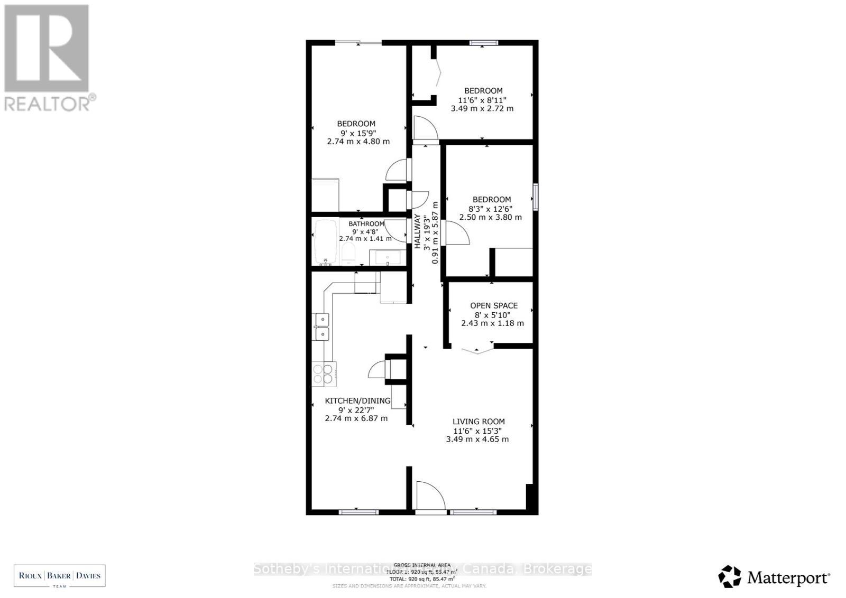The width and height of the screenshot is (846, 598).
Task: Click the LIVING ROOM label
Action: tap(478, 422)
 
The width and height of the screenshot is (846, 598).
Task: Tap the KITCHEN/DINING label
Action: tap(357, 401)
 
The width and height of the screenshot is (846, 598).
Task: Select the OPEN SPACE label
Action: tap(494, 305)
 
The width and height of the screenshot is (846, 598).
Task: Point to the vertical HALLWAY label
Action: tap(418, 231)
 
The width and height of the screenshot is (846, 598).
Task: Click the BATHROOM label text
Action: tap(366, 224)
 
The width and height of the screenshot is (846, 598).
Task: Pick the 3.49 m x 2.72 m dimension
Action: tap(482, 108)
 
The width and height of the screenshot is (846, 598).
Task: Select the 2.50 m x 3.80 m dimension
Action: tap(491, 217)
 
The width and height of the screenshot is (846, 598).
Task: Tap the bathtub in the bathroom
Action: tap(326, 242)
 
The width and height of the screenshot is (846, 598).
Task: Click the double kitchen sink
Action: tap(321, 327)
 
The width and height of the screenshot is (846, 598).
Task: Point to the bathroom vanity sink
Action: tap(388, 258)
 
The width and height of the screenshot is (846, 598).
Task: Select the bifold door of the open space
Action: tap(477, 350)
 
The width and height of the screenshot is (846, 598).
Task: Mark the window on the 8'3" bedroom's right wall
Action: tap(535, 197)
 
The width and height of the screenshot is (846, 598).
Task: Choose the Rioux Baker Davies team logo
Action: tap(59, 576)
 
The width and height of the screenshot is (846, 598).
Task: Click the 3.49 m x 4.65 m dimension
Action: tap(477, 439)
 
